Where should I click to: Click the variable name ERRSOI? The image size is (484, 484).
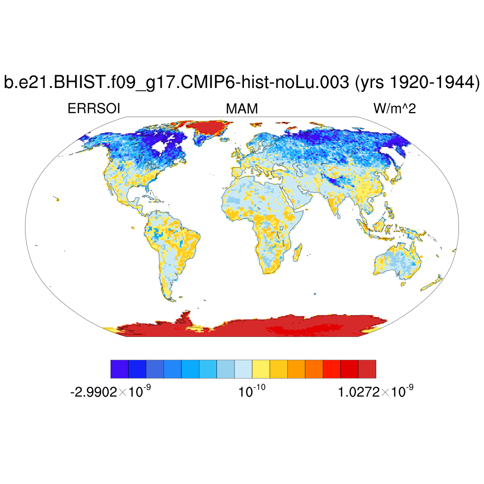94,109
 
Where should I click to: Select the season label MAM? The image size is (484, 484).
242,109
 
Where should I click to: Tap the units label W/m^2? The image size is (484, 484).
395,109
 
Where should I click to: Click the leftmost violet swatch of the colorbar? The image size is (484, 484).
119,369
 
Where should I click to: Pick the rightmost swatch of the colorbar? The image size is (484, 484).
367,369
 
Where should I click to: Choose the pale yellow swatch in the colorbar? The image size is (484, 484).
261,369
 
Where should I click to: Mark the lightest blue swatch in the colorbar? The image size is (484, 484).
243,369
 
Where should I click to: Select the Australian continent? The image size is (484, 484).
397,260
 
